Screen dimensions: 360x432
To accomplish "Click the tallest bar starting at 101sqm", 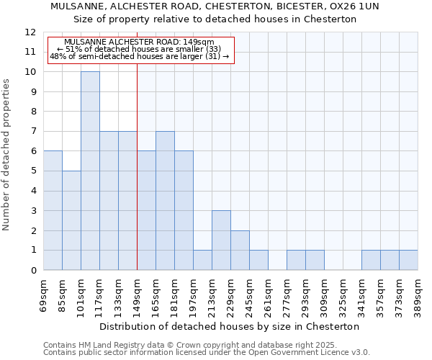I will tap(90, 171).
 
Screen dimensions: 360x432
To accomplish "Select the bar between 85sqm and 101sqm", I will tap(71, 220).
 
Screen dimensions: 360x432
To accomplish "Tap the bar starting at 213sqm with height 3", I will tap(221, 240).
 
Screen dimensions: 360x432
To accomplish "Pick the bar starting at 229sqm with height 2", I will tap(240, 251).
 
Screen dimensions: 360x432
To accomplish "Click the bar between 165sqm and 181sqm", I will tap(165, 201).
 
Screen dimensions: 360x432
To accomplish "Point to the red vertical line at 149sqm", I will tap(137, 166).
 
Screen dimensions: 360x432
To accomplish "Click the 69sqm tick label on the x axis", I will tap(44, 293).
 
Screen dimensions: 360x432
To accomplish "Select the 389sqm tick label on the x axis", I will tap(418, 293).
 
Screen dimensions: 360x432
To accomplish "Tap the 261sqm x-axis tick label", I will tap(269, 293).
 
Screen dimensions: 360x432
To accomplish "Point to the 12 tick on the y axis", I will tap(30, 32).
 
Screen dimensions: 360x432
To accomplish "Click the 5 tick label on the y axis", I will tap(33, 171).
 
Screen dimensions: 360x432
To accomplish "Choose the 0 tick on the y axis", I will tap(33, 271).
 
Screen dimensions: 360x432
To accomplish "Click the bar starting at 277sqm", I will tap(296, 260).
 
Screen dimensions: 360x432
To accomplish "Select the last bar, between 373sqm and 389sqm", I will tap(408, 260).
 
